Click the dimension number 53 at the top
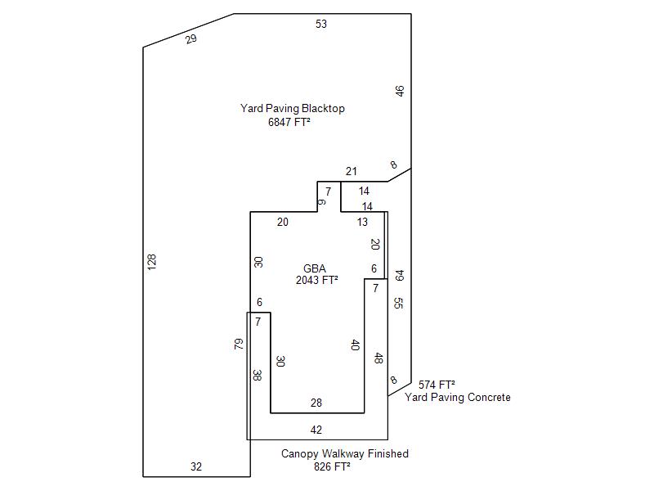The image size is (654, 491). [321, 25]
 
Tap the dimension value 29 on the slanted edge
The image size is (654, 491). [191, 38]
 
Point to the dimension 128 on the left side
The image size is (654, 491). [152, 262]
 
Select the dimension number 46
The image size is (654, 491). [400, 91]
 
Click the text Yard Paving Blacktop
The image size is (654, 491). [293, 108]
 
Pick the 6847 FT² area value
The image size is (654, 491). [289, 122]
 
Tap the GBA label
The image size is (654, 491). [315, 268]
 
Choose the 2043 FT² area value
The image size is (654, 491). [317, 280]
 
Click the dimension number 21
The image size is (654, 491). [352, 171]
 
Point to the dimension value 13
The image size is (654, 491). [362, 222]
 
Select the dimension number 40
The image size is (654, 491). [355, 345]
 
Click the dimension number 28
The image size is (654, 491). [316, 403]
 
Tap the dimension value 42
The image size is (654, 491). [316, 430]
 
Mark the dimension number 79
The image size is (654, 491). [240, 345]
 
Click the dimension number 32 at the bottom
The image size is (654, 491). [196, 467]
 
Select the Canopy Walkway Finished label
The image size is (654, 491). [345, 453]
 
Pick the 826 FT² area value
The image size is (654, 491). [332, 467]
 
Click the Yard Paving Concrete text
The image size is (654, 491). [458, 398]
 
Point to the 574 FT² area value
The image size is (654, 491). [437, 385]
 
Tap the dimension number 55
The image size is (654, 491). [398, 304]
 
